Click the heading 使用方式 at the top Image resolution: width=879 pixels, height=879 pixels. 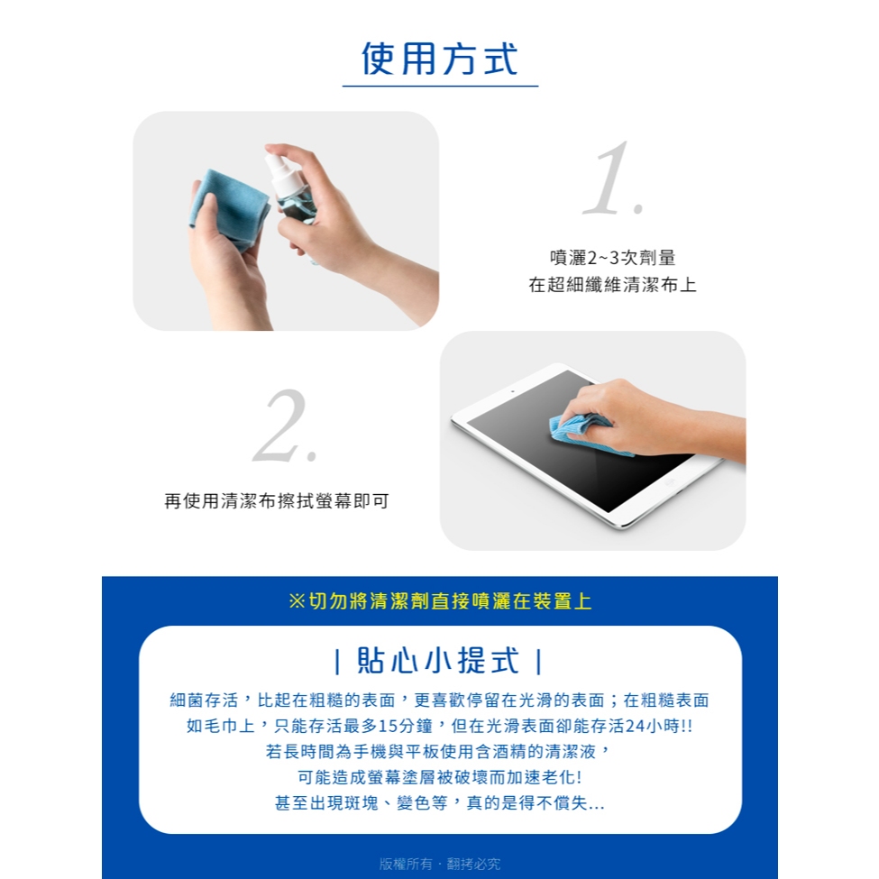[440, 59]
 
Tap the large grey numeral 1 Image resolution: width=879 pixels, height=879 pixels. [612, 179]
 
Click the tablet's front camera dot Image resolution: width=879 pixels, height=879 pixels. [512, 390]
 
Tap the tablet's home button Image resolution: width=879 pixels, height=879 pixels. [669, 482]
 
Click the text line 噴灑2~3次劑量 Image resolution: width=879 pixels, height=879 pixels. [612, 258]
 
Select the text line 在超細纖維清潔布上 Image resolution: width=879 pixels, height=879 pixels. [612, 285]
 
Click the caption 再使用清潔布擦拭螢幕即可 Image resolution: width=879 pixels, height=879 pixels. [277, 500]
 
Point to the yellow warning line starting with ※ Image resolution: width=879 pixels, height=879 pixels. [440, 601]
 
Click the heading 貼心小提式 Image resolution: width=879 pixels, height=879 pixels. [438, 660]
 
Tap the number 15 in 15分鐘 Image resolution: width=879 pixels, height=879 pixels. [388, 726]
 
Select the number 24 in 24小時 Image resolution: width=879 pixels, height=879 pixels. [636, 726]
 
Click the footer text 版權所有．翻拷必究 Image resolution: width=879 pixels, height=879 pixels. [440, 864]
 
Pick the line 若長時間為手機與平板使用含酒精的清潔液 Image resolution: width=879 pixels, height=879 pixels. [431, 751]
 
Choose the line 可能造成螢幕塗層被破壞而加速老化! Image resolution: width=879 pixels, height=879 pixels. [440, 777]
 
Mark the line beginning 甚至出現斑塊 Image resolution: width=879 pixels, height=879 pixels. [440, 802]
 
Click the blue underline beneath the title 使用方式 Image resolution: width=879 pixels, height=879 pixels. [440, 87]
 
